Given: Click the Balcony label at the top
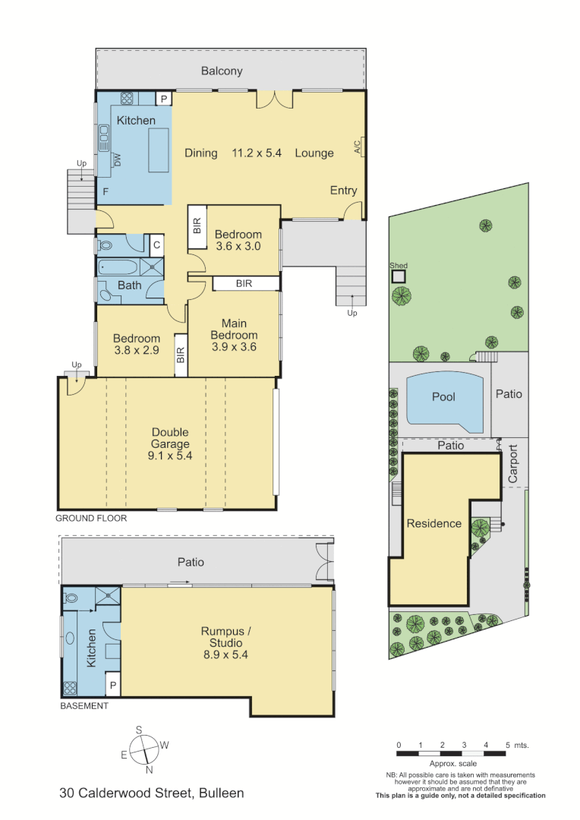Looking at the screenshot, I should [222, 71].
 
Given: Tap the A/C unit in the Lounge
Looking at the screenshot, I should [358, 147].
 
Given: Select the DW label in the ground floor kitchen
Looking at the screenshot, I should [118, 159].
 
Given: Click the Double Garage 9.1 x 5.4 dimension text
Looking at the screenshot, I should [170, 456].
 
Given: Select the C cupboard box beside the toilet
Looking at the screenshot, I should [156, 244].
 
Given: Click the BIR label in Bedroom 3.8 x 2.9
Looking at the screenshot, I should [181, 355].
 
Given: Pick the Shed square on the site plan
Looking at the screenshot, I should [399, 276].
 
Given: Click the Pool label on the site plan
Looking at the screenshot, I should [443, 397].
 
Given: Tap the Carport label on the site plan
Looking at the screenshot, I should [512, 463].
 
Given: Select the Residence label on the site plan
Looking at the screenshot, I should [433, 523].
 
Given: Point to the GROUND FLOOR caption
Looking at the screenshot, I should [91, 518].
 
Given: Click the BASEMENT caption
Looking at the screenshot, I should [84, 705].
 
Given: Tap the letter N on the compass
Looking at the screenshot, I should [150, 769].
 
